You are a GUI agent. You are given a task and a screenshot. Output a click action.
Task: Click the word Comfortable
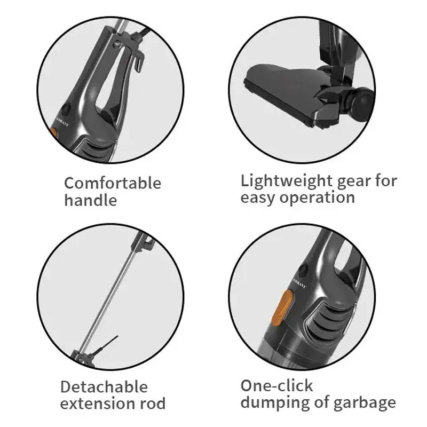pyautogui.click(x=113, y=183)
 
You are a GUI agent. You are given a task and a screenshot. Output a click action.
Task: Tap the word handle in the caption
pyautogui.click(x=91, y=200)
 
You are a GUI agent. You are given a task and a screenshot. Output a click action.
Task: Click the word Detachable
pyautogui.click(x=104, y=386)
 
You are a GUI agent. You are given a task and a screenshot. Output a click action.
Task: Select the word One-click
pyautogui.click(x=276, y=386)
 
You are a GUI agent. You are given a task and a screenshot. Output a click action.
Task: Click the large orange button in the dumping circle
pyautogui.click(x=282, y=309)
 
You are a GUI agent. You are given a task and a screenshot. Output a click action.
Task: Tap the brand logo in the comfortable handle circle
pyautogui.click(x=62, y=122)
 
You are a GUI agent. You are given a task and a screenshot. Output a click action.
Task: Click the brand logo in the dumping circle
pyautogui.click(x=300, y=283)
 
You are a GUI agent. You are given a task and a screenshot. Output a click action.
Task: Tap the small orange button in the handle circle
pyautogui.click(x=54, y=132)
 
